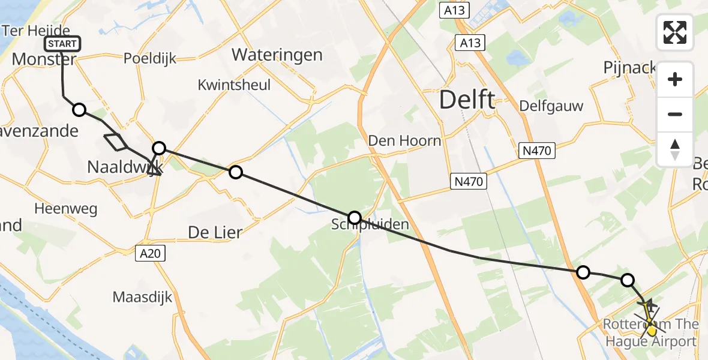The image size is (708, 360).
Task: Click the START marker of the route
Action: [62, 44]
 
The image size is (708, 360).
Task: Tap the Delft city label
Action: [467, 100]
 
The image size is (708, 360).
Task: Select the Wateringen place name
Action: [277, 55]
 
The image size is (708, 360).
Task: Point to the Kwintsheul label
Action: [234, 85]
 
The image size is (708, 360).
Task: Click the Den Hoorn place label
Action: [404, 141]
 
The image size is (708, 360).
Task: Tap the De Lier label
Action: [215, 232]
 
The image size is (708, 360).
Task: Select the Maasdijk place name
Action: [142, 296]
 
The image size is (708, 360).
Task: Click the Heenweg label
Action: [66, 209]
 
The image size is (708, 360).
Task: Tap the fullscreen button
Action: [675, 32]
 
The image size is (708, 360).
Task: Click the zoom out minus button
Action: [675, 115]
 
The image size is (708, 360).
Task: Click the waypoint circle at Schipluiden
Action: [355, 217]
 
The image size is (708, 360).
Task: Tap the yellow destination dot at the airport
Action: [651, 331]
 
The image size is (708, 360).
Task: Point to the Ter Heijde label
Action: [36, 30]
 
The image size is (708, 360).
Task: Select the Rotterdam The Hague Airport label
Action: [651, 333]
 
